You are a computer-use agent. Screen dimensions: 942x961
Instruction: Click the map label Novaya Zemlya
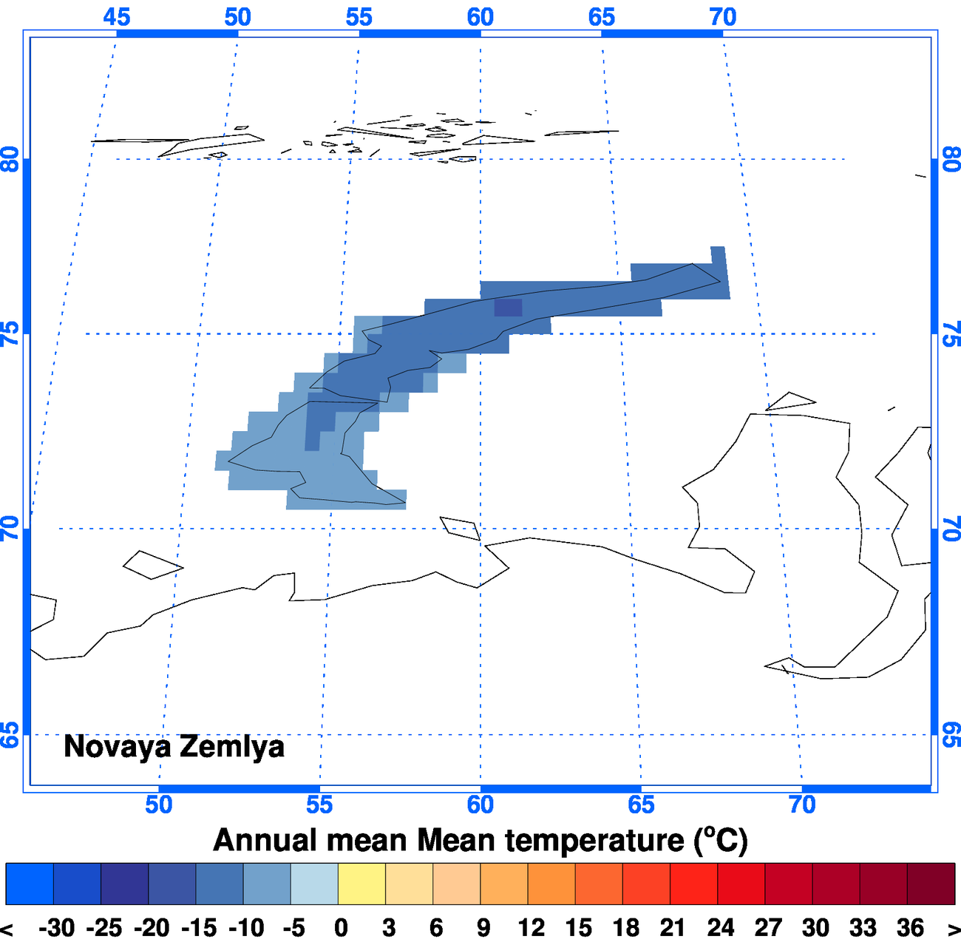point(174,746)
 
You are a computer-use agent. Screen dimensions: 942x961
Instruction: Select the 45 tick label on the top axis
point(117,16)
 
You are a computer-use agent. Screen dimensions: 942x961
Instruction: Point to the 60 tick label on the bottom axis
point(480,804)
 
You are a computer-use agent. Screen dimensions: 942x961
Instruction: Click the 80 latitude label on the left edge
point(10,159)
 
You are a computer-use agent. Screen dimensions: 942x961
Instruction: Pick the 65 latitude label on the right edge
point(951,734)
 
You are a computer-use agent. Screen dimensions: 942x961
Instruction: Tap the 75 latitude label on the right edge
point(951,334)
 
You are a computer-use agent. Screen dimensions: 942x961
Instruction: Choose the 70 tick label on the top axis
point(723,16)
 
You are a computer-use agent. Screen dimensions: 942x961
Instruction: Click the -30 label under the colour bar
point(56,927)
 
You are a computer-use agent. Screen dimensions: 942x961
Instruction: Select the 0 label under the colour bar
point(341,927)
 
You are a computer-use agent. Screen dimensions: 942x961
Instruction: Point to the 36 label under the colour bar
point(910,927)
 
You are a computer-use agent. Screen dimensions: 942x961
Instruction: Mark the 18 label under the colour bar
point(625,927)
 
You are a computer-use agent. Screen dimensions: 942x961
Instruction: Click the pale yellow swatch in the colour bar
point(361,884)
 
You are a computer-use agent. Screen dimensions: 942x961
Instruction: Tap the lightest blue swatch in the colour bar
point(314,884)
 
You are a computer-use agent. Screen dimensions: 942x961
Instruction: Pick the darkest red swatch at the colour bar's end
point(931,884)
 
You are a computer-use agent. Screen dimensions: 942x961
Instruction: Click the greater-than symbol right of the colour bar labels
point(951,927)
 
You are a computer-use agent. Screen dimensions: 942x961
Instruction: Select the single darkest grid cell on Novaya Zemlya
point(508,308)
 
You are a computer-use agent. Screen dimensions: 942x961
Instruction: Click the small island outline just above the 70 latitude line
point(460,528)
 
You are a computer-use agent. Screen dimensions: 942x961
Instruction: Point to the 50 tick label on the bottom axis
point(159,804)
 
